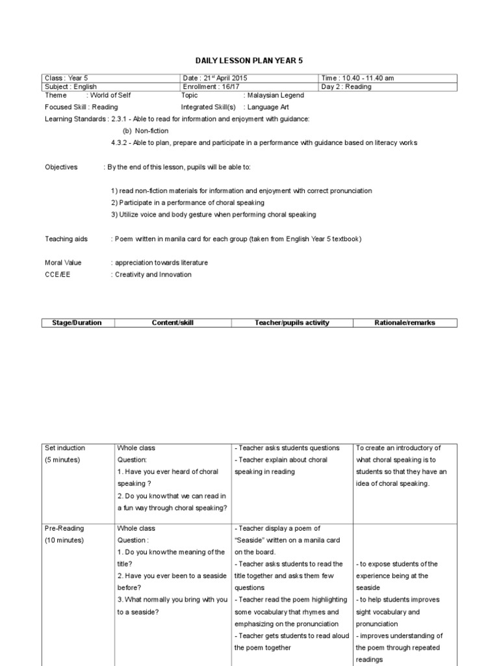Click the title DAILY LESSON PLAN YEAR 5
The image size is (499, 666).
pyautogui.click(x=249, y=60)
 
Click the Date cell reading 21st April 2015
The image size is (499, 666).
pyautogui.click(x=215, y=78)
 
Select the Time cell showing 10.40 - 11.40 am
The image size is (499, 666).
pyautogui.click(x=357, y=78)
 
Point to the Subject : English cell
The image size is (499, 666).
pyautogui.click(x=71, y=87)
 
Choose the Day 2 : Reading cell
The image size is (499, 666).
pyautogui.click(x=346, y=87)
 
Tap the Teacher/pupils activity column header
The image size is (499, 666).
pyautogui.click(x=290, y=323)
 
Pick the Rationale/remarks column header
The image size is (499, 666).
pyautogui.click(x=405, y=323)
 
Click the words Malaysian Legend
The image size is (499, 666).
pyautogui.click(x=275, y=95)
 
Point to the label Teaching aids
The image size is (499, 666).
pyautogui.click(x=66, y=239)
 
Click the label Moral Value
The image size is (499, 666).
pyautogui.click(x=63, y=263)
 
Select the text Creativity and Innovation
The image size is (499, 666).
pyautogui.click(x=153, y=274)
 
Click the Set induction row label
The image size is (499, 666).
pyautogui.click(x=65, y=448)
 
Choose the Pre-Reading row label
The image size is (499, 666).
pyautogui.click(x=64, y=529)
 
